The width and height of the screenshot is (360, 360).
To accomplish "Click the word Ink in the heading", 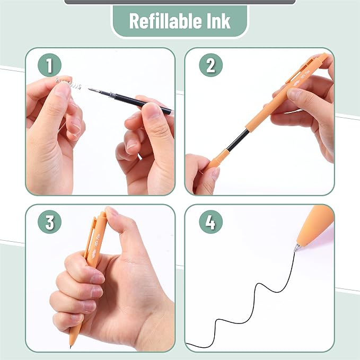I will (217, 21).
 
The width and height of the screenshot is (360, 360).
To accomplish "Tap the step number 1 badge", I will (49, 66).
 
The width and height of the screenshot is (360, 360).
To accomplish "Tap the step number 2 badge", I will (210, 66).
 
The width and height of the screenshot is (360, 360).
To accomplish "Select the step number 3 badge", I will (49, 223).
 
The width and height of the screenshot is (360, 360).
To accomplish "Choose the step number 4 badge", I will (210, 223).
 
